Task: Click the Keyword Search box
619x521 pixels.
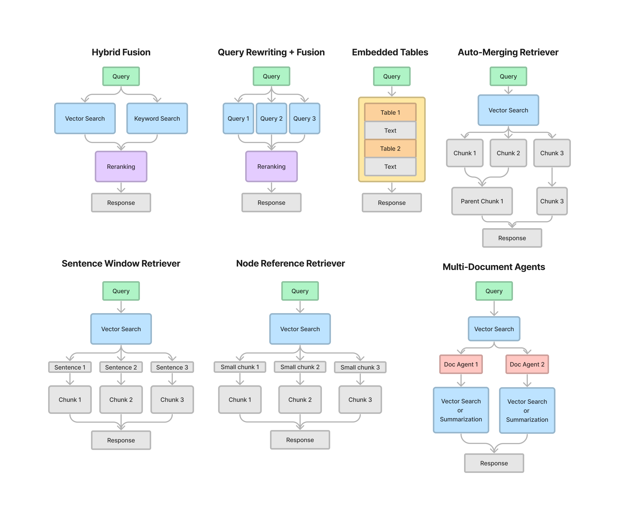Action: click(x=157, y=118)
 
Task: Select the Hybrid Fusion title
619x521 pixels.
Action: click(x=121, y=52)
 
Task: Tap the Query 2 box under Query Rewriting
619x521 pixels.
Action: click(x=271, y=118)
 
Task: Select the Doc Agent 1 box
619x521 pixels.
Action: click(x=461, y=364)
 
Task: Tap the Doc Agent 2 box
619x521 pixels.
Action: click(x=527, y=364)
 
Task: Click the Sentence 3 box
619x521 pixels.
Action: click(x=172, y=367)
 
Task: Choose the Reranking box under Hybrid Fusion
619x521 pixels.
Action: click(x=121, y=167)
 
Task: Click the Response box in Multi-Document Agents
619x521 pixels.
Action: click(x=494, y=463)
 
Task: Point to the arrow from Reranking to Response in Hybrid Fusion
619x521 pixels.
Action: click(x=121, y=188)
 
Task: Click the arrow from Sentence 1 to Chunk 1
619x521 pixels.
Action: click(x=70, y=379)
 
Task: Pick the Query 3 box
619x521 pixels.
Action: click(x=304, y=118)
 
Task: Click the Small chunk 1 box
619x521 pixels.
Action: click(x=240, y=367)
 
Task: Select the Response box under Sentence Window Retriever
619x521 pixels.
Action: click(x=121, y=440)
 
